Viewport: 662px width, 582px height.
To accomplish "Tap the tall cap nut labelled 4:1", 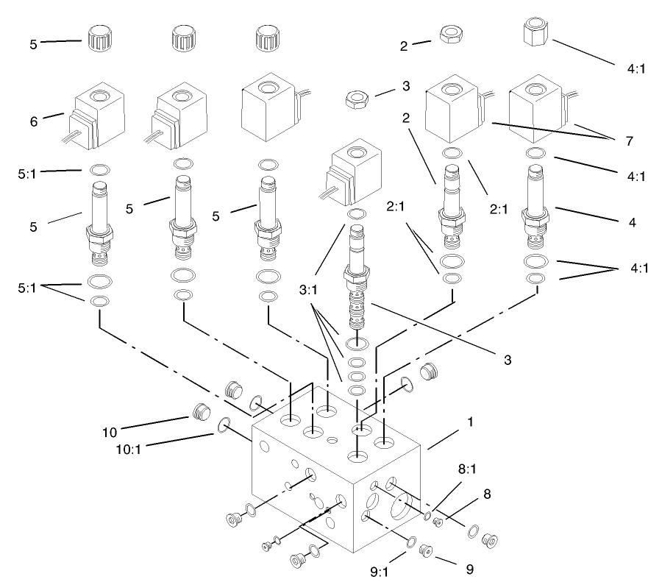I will [x=538, y=33].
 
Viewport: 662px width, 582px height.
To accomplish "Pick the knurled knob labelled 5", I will [x=95, y=36].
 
